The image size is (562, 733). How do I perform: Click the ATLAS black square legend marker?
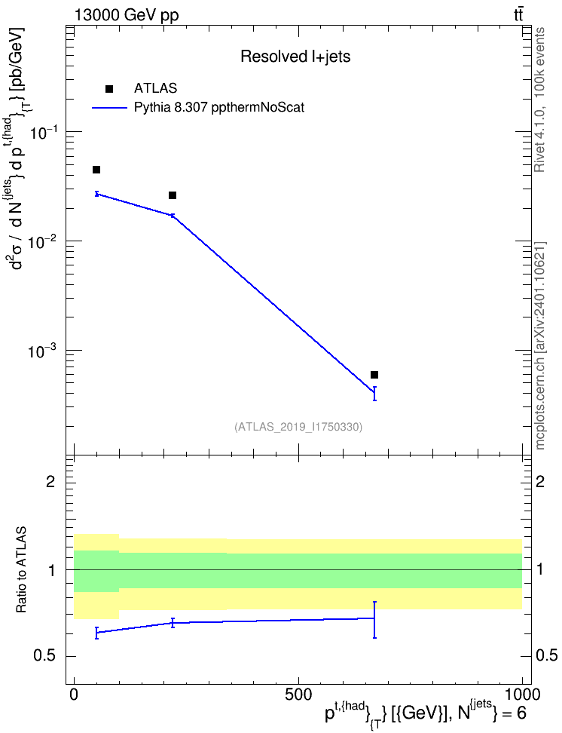pos(109,89)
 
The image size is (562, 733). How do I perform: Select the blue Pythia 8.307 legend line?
pos(109,108)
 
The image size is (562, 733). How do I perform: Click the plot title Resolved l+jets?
pos(295,57)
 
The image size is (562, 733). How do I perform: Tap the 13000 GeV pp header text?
pos(127,16)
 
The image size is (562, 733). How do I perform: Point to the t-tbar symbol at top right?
pos(518,15)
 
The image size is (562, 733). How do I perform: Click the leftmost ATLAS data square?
pos(96,170)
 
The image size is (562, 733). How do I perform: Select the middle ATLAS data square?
pos(173,195)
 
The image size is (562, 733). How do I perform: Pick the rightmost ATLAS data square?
pos(374,375)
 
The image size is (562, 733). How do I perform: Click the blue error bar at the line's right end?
pos(374,394)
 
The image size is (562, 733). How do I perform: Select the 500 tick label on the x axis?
pos(298,695)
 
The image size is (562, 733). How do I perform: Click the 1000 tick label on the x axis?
pos(522,695)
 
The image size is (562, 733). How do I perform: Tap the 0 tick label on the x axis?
pos(74,695)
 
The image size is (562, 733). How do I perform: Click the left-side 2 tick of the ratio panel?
pos(50,481)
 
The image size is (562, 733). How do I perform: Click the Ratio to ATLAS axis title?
pos(21,570)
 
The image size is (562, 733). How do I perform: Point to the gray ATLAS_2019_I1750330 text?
pos(298,427)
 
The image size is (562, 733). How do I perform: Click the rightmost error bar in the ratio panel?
pos(374,620)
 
